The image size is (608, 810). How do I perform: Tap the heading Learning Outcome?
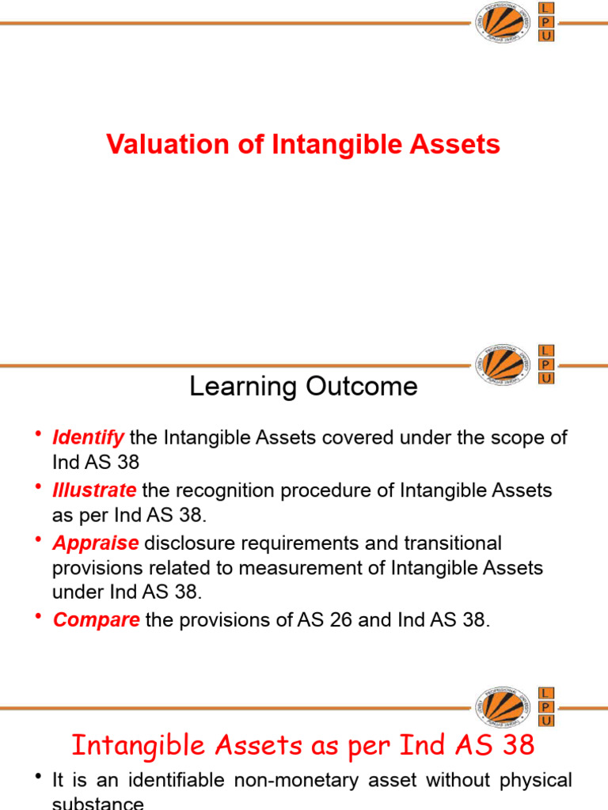pyautogui.click(x=303, y=386)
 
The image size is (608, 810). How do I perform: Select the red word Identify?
pyautogui.click(x=88, y=437)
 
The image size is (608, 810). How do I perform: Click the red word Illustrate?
pyautogui.click(x=94, y=490)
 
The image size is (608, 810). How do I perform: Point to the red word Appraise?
pyautogui.click(x=95, y=543)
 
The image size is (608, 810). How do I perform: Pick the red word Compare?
pyautogui.click(x=96, y=620)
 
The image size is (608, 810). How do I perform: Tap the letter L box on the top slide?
pyautogui.click(x=546, y=8)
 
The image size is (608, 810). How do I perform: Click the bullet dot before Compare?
pyautogui.click(x=39, y=617)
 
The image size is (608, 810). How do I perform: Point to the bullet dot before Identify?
pyautogui.click(x=39, y=434)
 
